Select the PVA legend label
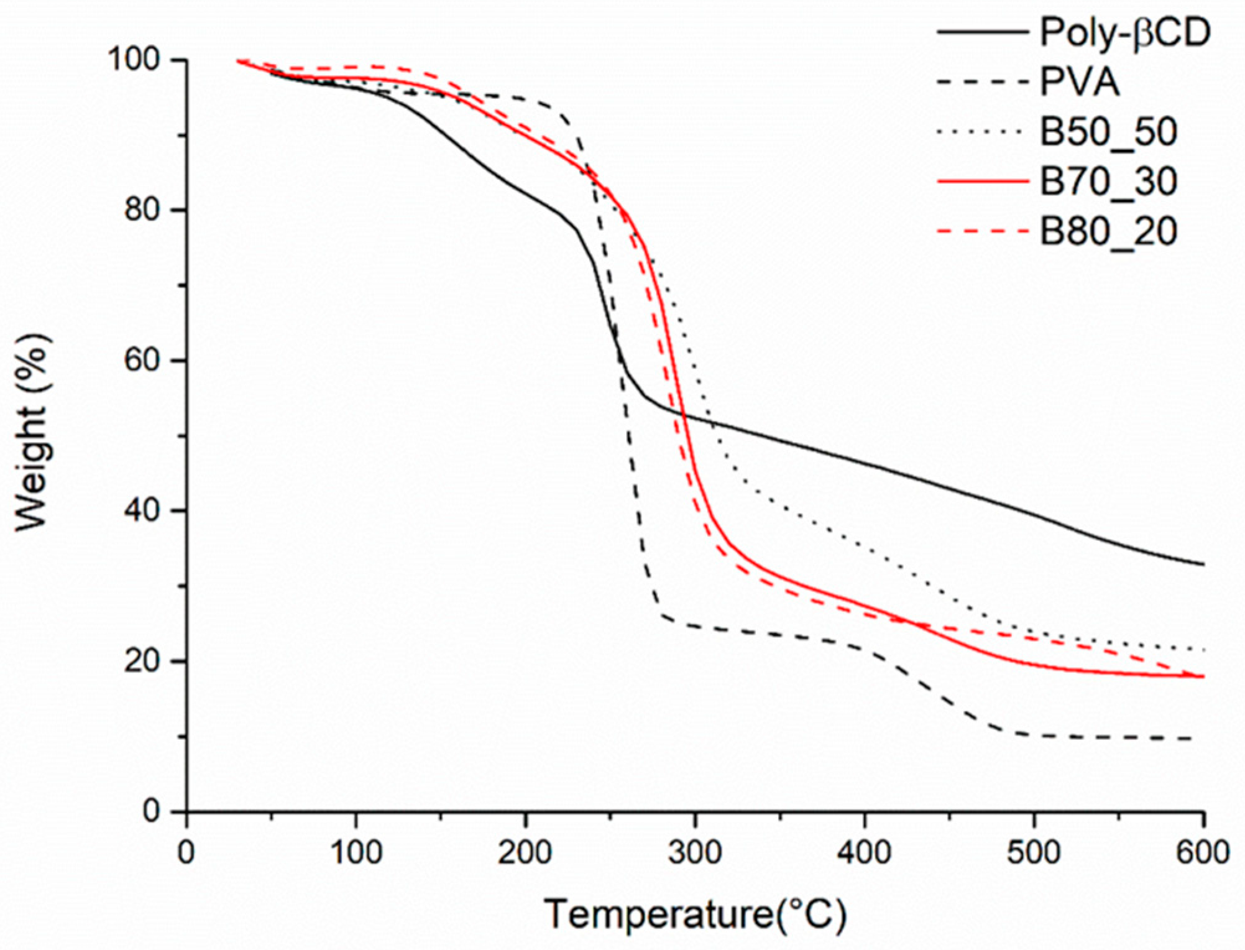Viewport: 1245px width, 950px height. pyautogui.click(x=1080, y=82)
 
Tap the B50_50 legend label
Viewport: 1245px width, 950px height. pyautogui.click(x=1108, y=132)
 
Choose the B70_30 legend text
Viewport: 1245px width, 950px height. pyautogui.click(x=1108, y=182)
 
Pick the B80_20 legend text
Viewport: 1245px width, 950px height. pyautogui.click(x=1108, y=231)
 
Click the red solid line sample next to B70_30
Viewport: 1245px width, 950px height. pyautogui.click(x=982, y=182)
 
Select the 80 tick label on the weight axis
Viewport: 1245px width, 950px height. pyautogui.click(x=142, y=210)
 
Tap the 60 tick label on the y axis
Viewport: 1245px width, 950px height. pyautogui.click(x=142, y=360)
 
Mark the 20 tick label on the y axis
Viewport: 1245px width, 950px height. pyautogui.click(x=142, y=661)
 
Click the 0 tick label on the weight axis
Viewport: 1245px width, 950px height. pyautogui.click(x=151, y=811)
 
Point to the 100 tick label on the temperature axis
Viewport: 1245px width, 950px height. pyautogui.click(x=356, y=852)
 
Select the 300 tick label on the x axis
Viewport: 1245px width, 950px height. pyautogui.click(x=695, y=852)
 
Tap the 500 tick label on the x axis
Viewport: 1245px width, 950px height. pyautogui.click(x=1034, y=852)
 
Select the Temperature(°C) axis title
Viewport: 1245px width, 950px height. pyautogui.click(x=695, y=915)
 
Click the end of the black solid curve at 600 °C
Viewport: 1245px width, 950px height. pyautogui.click(x=1203, y=565)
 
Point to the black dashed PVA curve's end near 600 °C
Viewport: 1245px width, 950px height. pyautogui.click(x=1190, y=738)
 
